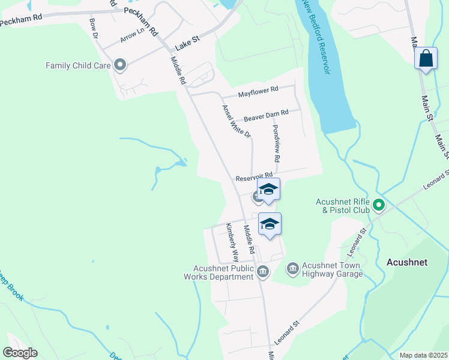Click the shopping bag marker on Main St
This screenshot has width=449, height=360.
point(426,59)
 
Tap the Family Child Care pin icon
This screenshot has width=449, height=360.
point(119,64)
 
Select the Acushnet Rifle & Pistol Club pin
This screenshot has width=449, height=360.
point(378,206)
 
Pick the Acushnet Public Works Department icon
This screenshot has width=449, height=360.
point(262,272)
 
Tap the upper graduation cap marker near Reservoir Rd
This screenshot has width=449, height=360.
point(268,191)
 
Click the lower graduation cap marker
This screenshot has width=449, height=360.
point(270,224)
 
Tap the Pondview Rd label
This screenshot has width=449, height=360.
point(277,144)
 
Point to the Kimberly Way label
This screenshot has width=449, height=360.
point(232,243)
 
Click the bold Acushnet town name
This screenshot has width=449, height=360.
point(406,262)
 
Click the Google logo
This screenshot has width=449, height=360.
point(20,353)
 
